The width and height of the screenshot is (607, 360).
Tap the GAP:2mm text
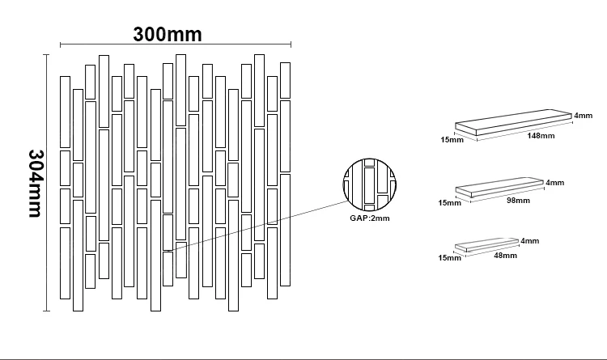pyautogui.click(x=367, y=218)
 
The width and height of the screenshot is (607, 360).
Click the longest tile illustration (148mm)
pyautogui.click(x=513, y=124)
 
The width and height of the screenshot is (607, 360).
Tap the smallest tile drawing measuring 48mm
pyautogui.click(x=487, y=244)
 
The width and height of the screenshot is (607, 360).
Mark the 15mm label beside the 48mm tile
pyautogui.click(x=449, y=258)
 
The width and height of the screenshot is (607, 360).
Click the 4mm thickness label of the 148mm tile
pyautogui.click(x=584, y=116)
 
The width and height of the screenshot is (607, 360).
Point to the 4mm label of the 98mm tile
pyautogui.click(x=554, y=182)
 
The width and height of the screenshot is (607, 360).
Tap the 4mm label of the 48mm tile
pyautogui.click(x=529, y=240)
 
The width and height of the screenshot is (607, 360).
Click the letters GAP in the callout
pyautogui.click(x=358, y=218)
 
